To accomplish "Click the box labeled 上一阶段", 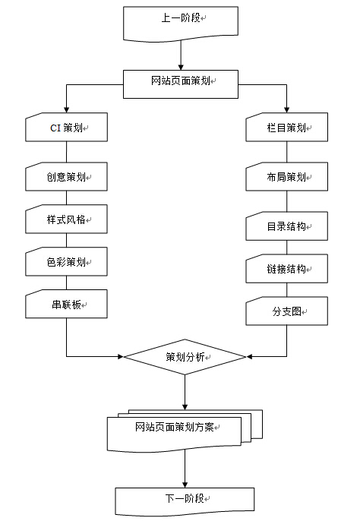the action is coord(181,24).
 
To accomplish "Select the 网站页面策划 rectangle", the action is coord(181,84).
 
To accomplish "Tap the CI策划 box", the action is coord(67,128).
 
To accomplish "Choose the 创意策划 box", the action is coord(67,176).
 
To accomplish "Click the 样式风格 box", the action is coord(67,219).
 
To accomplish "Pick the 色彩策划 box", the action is coord(67,261).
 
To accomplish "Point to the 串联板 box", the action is coord(67,304).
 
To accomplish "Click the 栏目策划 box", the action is coord(287,128).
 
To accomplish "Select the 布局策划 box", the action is coord(287,176).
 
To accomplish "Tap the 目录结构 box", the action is coord(287,226).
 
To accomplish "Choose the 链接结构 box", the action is coord(287,269).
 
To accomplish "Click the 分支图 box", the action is coord(287,311).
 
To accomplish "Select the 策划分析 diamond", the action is coord(185,357).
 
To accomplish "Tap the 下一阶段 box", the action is coord(185,501).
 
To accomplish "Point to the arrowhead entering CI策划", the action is coord(67,109).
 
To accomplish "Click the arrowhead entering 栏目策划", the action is coord(287,109).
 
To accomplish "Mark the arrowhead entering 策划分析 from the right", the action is coord(249,357).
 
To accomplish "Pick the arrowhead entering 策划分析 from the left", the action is coord(120,357).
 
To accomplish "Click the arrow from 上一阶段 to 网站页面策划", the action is coord(181,55).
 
